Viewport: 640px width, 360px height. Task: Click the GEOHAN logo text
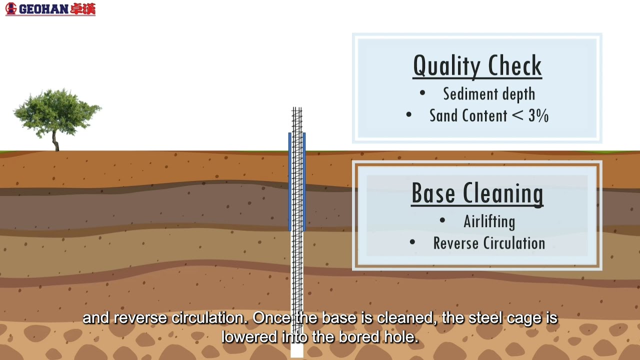coord(43,9)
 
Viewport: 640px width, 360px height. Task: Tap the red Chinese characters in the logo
coord(83,9)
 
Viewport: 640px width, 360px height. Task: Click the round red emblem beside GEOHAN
coord(11,8)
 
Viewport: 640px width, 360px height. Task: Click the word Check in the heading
coord(515,65)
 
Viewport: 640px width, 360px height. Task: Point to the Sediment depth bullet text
coord(489,93)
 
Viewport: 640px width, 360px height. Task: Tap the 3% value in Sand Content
coord(538,115)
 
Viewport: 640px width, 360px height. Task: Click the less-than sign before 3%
coord(517,115)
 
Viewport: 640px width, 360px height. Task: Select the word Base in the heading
coord(433,193)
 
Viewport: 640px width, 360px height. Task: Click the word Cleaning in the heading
coord(503,194)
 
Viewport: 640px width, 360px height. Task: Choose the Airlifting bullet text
coord(489,221)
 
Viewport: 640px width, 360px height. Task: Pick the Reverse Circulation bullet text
coord(489,243)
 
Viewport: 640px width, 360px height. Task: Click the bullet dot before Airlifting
coord(442,220)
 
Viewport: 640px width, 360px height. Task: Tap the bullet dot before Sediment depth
coord(422,92)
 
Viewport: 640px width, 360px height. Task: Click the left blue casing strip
coord(289,181)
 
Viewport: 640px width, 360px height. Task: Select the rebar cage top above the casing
coord(297,120)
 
